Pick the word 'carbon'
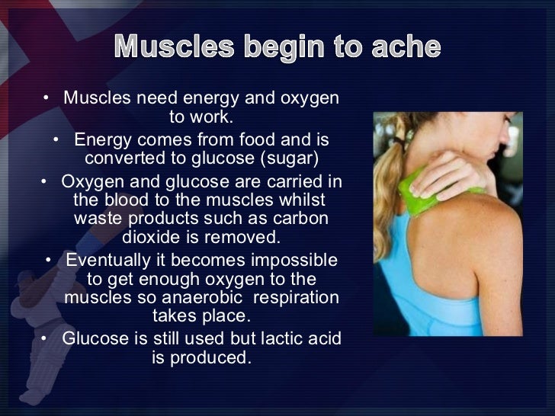coord(302,218)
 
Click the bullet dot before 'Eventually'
coord(50,261)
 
